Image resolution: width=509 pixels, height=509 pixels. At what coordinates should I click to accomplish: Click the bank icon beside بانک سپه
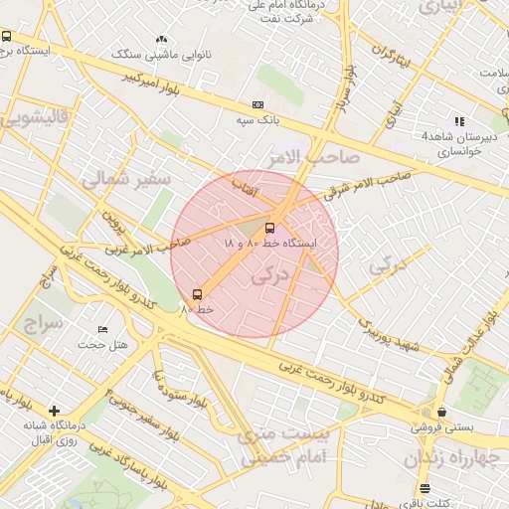[x=258, y=105]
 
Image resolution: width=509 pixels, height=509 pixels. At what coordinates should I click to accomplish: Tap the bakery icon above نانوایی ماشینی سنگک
[x=161, y=40]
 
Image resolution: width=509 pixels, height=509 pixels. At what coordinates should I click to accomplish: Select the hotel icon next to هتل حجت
[x=102, y=329]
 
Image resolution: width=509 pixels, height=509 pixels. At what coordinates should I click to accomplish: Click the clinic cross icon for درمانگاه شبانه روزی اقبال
[x=54, y=410]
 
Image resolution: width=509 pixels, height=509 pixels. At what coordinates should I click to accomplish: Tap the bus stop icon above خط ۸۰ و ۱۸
[x=270, y=228]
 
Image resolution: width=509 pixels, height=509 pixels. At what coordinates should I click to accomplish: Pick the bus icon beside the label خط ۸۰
[x=196, y=294]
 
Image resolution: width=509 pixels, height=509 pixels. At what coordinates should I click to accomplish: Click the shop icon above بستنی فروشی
[x=441, y=412]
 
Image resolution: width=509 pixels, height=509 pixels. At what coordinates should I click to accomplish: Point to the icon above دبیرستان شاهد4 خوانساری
[x=459, y=121]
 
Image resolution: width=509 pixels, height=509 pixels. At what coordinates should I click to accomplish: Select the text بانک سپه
[x=254, y=120]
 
